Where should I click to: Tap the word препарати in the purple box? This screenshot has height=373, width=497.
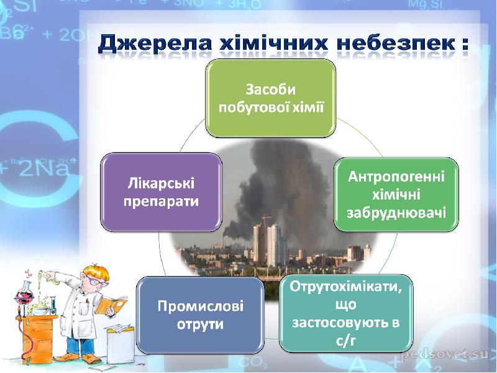[x=161, y=201]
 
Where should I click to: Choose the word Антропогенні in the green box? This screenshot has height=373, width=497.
[x=396, y=177]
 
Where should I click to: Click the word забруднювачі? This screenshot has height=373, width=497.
[x=396, y=213]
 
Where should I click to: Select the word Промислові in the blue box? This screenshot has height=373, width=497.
[x=200, y=306]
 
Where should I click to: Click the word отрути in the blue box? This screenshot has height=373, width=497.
[x=200, y=324]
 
